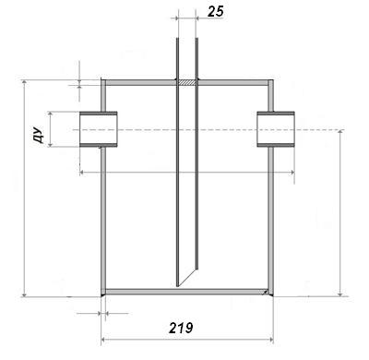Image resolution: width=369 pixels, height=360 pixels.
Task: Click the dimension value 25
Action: click(x=216, y=12)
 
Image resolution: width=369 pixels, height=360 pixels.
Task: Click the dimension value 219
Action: click(x=181, y=328)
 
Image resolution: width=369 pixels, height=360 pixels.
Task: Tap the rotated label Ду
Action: click(x=39, y=135)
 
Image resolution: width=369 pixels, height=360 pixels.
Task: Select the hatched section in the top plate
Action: click(x=186, y=82)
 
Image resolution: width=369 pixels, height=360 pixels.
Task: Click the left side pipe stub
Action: click(x=99, y=129)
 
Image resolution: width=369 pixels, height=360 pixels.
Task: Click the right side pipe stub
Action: click(x=276, y=129)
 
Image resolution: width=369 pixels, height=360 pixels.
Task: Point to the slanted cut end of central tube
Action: click(x=187, y=277)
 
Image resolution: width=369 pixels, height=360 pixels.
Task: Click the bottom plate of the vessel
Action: click(x=186, y=292)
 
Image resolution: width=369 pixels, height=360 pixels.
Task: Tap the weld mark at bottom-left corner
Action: click(x=102, y=294)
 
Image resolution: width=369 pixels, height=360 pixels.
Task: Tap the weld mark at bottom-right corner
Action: click(x=270, y=294)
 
